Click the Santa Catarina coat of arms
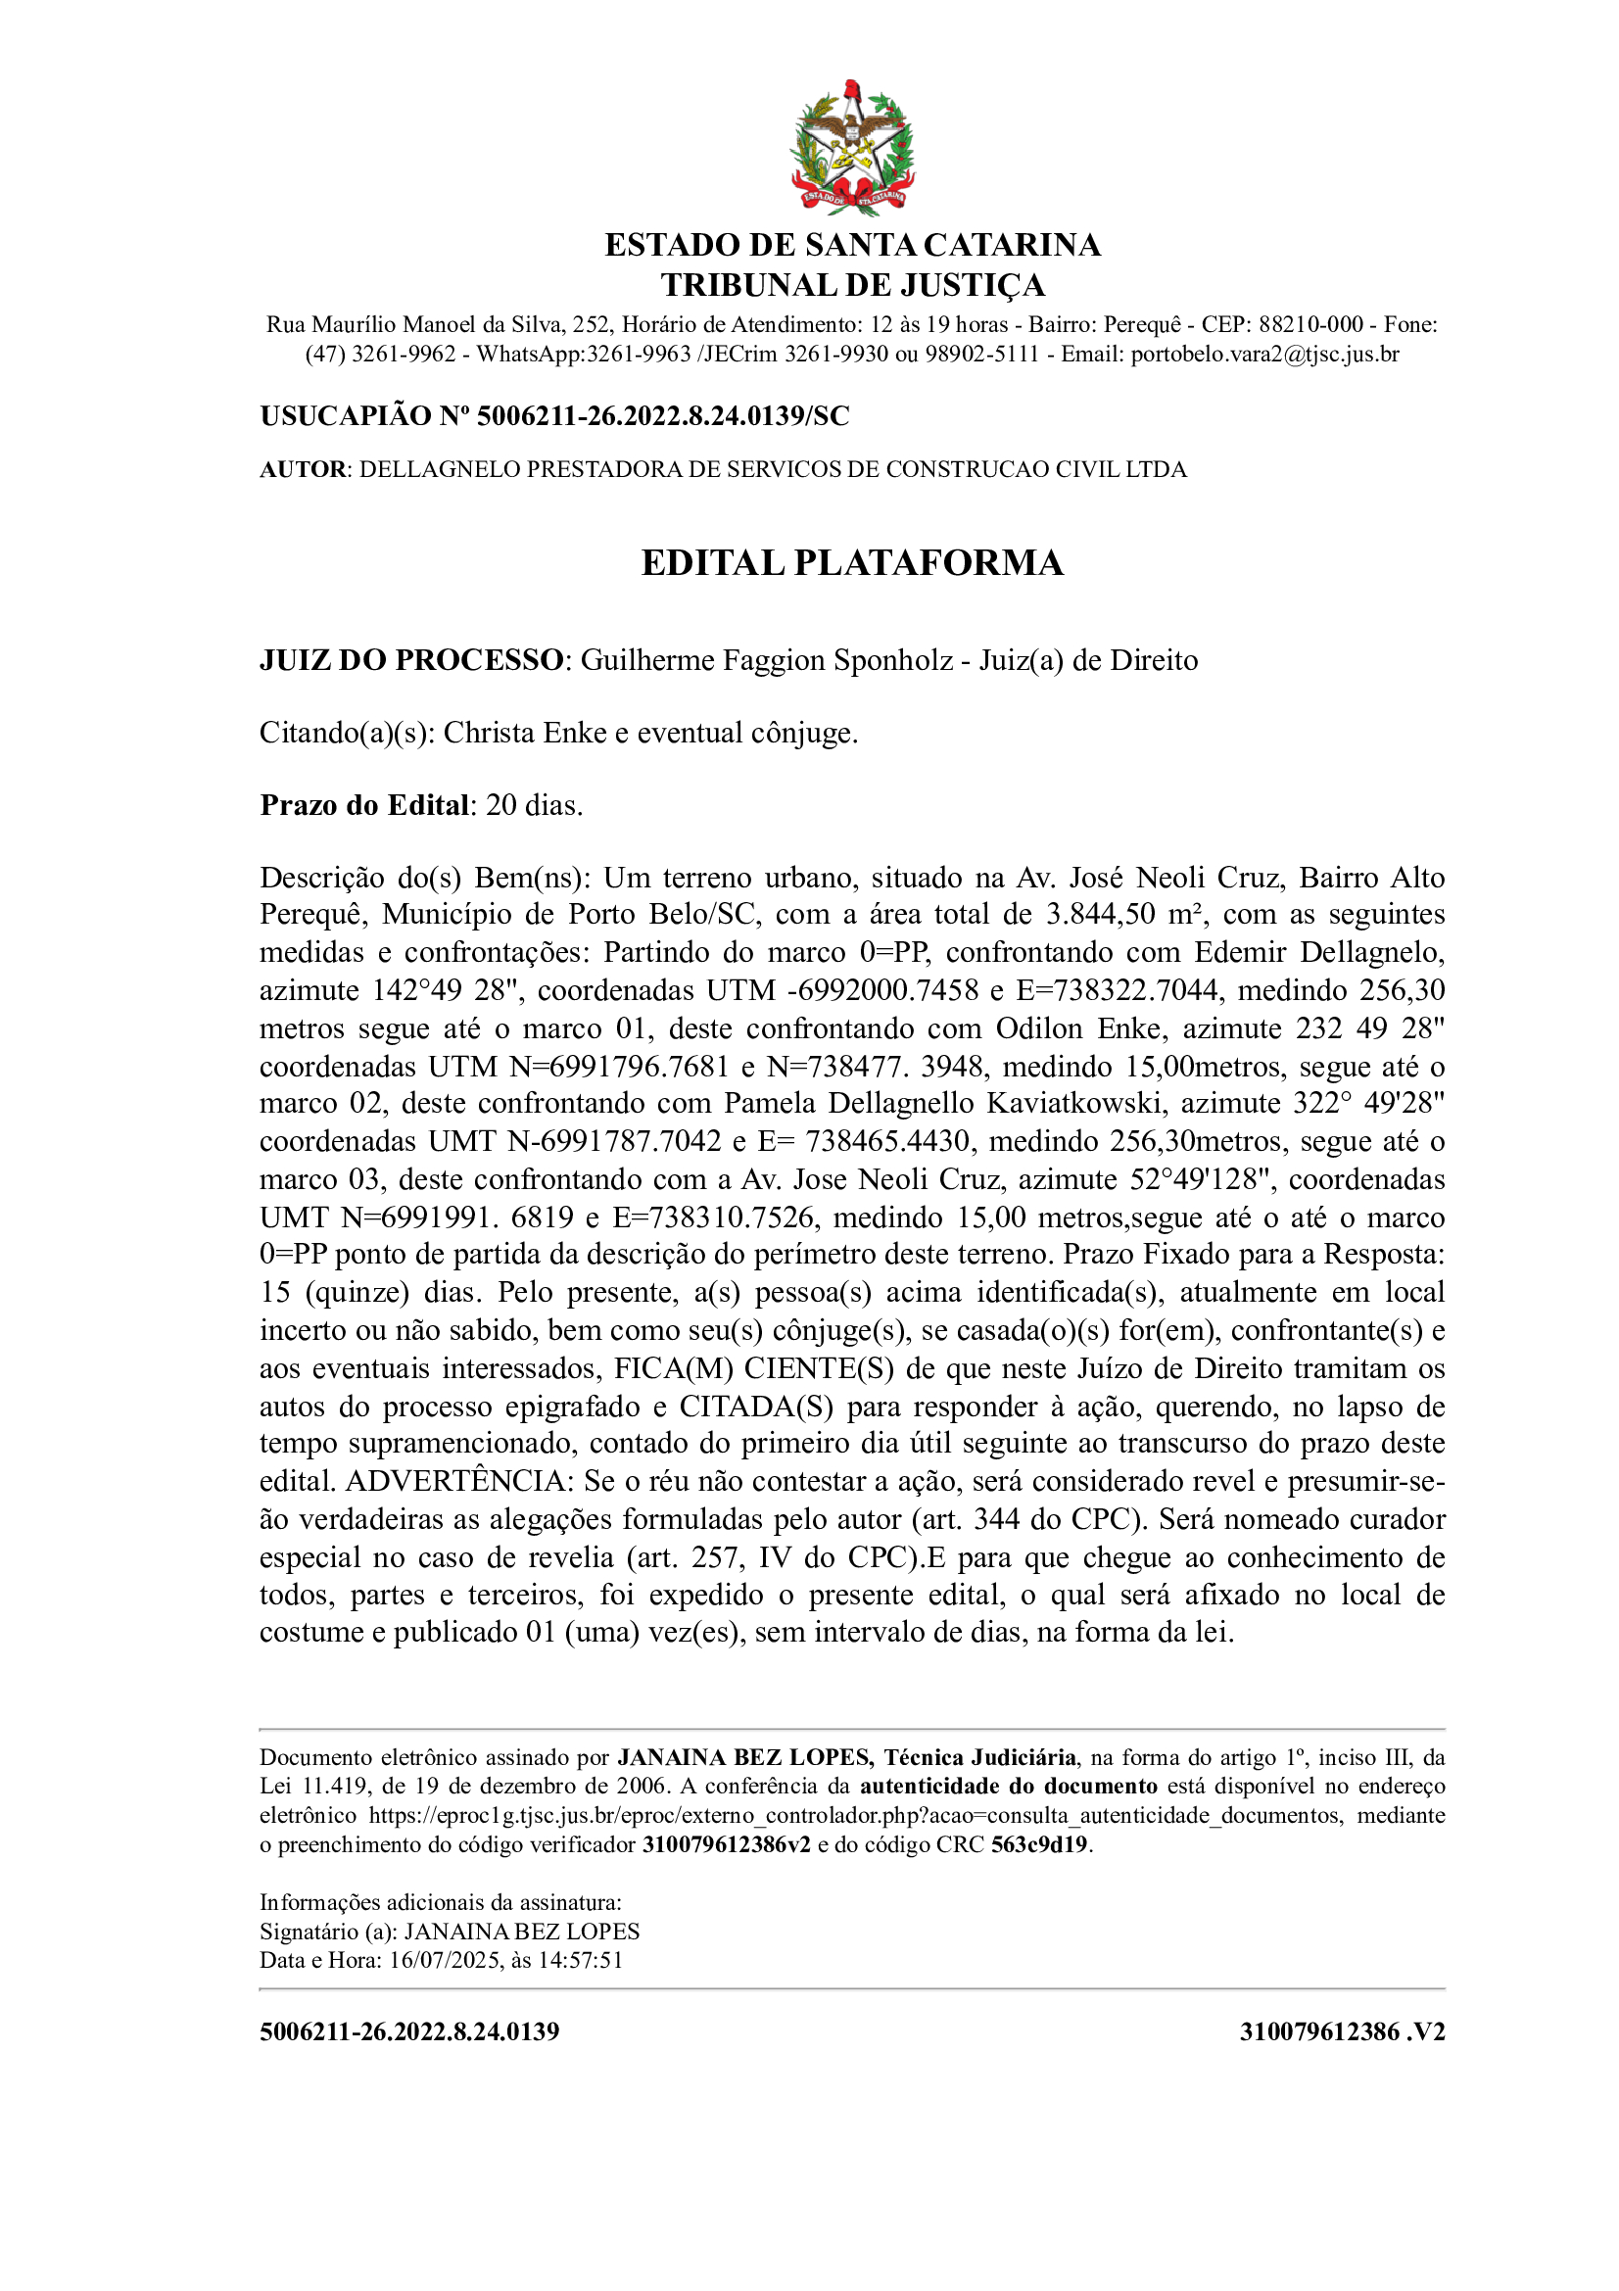coord(852,147)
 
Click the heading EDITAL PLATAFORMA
coord(852,563)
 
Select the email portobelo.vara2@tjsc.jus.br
coord(1263,355)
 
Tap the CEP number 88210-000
coord(1309,324)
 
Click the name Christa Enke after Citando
coord(525,734)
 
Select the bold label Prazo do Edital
coord(364,805)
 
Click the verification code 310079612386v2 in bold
coord(726,1844)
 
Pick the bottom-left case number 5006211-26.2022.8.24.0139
coord(409,2031)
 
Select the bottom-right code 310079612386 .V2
coord(1342,2031)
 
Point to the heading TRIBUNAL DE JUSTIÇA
coord(852,285)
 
